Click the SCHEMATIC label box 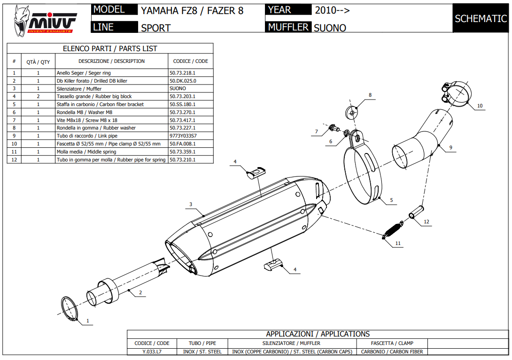pos(481,19)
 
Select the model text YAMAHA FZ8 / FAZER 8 pos(192,10)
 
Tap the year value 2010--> pos(332,10)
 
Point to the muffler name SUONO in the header pos(330,28)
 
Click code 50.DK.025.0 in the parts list pos(182,81)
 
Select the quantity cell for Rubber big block pos(38,96)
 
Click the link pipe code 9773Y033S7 pos(183,136)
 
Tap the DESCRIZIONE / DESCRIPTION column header pos(111,61)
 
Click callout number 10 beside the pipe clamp pos(480,106)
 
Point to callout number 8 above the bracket pos(370,95)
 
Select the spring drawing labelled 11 pos(392,230)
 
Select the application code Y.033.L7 pos(152,352)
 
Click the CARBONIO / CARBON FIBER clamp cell pos(392,352)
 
